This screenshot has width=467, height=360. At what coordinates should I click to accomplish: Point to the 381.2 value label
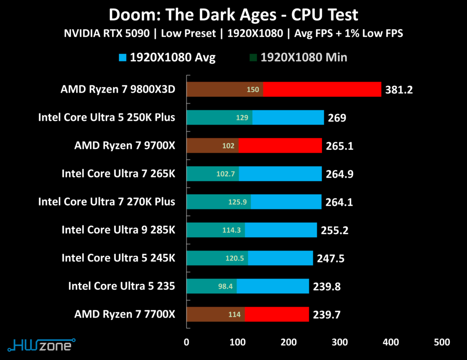click(399, 90)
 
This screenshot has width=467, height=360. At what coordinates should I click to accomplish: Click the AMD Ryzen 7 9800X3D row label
click(117, 89)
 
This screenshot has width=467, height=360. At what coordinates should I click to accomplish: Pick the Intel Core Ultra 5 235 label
click(121, 287)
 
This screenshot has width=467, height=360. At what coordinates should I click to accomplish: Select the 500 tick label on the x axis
click(441, 342)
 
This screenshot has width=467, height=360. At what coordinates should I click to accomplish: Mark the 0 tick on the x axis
click(186, 342)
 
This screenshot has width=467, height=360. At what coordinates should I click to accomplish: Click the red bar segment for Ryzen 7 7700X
click(277, 314)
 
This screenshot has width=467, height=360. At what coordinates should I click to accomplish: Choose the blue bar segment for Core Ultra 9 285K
click(281, 230)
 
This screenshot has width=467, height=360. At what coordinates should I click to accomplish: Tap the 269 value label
click(337, 118)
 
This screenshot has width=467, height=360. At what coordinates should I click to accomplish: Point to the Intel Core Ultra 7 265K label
click(118, 174)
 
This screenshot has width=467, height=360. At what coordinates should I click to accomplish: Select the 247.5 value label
click(330, 259)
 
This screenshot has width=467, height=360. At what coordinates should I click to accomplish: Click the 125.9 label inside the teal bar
click(237, 202)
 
